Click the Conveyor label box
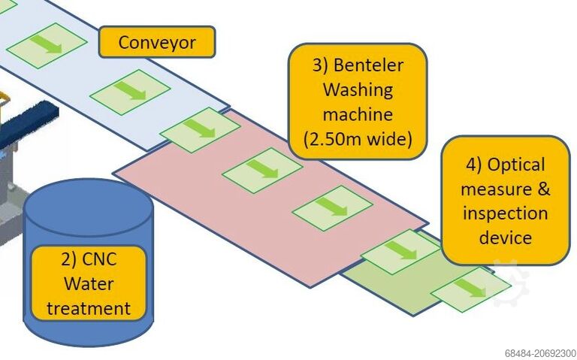156,42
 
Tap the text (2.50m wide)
358,139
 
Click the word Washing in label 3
358,89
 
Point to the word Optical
516,164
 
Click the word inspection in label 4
505,213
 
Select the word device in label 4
505,237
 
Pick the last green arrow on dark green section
468,289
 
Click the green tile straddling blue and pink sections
200,129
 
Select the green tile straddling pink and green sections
400,250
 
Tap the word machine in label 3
358,114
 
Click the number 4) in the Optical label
473,164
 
